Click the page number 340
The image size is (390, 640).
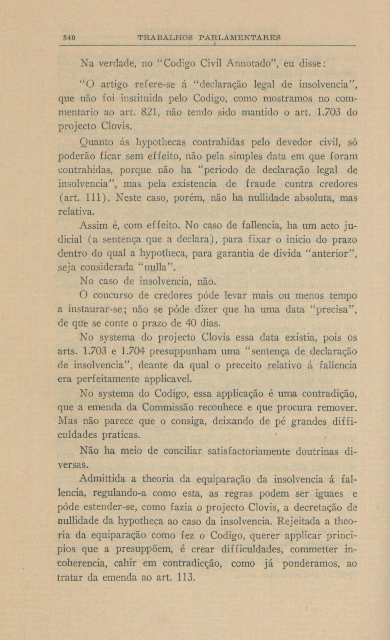coord(69,38)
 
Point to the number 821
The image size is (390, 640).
coord(150,112)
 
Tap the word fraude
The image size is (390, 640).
coord(260,184)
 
